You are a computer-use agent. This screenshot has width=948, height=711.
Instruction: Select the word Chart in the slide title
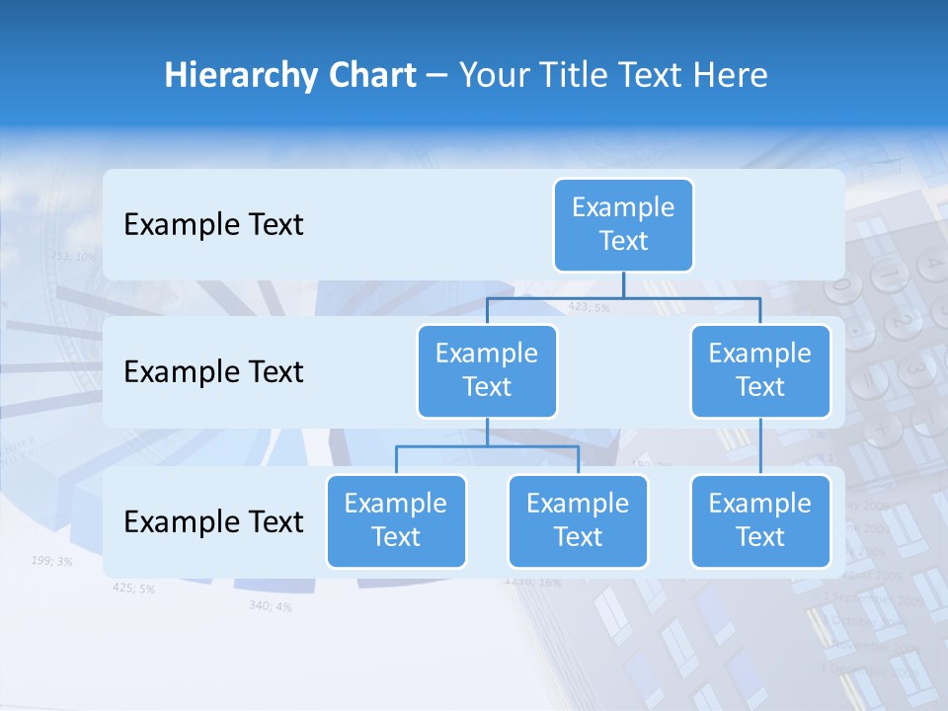click(x=373, y=76)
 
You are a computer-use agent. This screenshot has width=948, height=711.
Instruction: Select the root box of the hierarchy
click(x=623, y=224)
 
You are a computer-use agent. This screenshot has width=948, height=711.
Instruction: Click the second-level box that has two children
click(x=487, y=370)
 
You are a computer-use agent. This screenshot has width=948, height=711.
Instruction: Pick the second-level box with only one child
click(x=760, y=370)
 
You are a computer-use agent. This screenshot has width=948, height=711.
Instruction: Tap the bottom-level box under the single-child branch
click(x=760, y=520)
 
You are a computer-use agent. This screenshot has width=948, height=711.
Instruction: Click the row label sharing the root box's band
click(x=213, y=225)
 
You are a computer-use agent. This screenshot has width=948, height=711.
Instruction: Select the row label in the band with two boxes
click(x=213, y=372)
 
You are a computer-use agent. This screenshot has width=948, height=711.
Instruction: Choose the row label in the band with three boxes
click(x=213, y=521)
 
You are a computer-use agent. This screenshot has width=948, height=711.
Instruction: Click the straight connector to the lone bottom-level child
click(x=760, y=446)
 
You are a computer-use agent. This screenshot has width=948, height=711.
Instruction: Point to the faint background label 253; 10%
click(x=73, y=257)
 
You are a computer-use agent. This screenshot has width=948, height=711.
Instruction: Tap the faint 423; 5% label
click(x=589, y=307)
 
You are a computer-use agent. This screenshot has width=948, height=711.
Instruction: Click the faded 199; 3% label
click(x=51, y=561)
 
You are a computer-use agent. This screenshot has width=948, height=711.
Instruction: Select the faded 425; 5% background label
click(x=133, y=589)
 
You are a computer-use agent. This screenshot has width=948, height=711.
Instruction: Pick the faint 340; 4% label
click(x=270, y=605)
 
